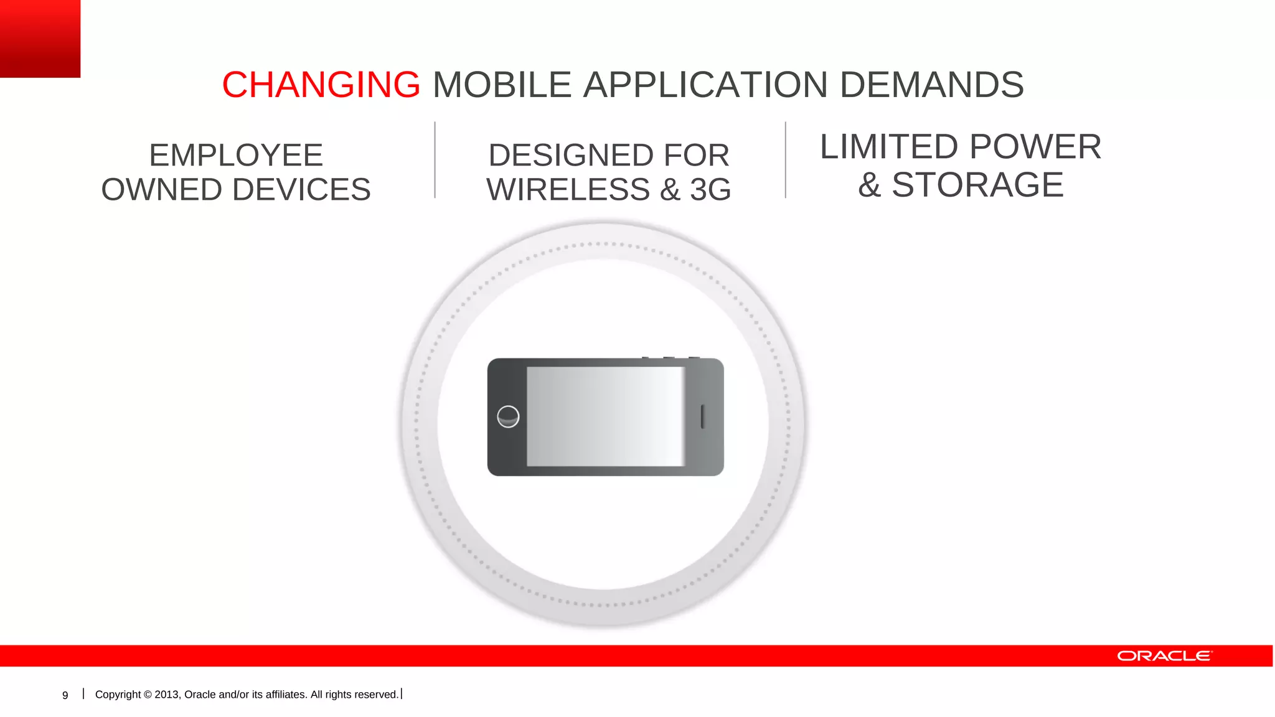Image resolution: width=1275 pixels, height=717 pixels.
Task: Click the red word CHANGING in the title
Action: click(x=321, y=85)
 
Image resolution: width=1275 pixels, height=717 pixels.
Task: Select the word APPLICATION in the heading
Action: click(x=705, y=85)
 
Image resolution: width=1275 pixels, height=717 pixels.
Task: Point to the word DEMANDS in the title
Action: click(x=931, y=85)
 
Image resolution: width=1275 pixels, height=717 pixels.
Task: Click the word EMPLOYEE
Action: click(x=236, y=155)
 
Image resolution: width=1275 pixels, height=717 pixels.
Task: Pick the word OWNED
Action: click(x=161, y=190)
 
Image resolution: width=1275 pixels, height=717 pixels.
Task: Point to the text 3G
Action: click(x=710, y=190)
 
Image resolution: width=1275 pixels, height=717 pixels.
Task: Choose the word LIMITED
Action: click(x=889, y=147)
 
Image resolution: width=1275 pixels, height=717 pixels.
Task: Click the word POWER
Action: click(x=1035, y=147)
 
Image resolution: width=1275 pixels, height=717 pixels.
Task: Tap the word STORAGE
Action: click(x=977, y=185)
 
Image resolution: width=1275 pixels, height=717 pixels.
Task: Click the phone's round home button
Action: click(x=508, y=416)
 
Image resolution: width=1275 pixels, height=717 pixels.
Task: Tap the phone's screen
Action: click(x=605, y=416)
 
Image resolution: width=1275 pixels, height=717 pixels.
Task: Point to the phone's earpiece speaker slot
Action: click(x=703, y=416)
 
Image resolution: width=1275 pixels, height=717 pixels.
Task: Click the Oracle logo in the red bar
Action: click(x=1164, y=656)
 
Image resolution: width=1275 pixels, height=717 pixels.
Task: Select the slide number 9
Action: click(x=65, y=695)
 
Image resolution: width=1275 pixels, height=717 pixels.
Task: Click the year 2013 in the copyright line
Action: click(x=167, y=695)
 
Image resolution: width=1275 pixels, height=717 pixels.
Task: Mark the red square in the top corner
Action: click(x=40, y=38)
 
